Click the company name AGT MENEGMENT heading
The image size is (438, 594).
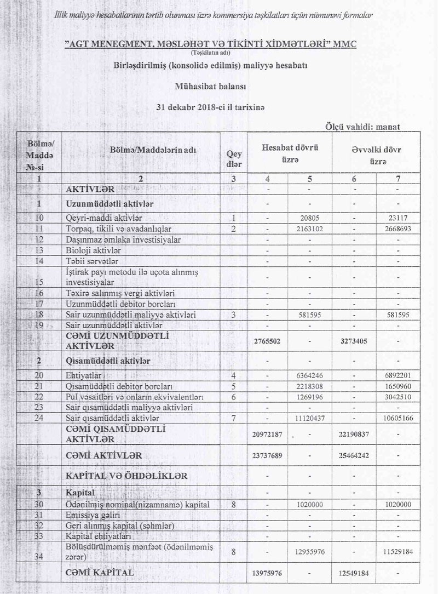pos(210,44)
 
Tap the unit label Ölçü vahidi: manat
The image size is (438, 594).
pos(362,127)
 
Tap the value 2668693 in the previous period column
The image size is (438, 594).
pos(396,229)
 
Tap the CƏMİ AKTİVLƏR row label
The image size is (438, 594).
pos(103,455)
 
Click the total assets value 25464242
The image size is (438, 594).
pos(353,455)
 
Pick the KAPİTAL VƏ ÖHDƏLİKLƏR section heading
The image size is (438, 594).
pos(126,476)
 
